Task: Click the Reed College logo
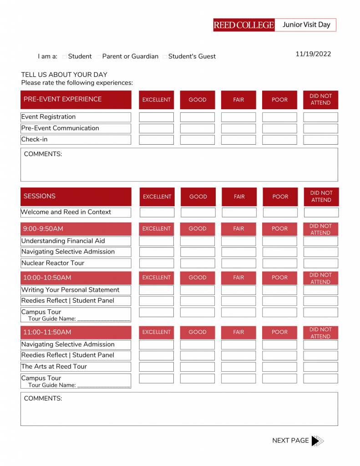click(x=244, y=25)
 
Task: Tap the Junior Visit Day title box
click(x=306, y=25)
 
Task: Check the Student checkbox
click(x=65, y=57)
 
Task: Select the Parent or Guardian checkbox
click(x=99, y=57)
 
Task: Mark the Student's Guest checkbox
click(x=165, y=57)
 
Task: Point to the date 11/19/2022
click(x=313, y=54)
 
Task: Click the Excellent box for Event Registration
click(x=156, y=117)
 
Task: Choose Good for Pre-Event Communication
click(x=197, y=128)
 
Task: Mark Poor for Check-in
click(x=279, y=140)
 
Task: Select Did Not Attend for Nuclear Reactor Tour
click(x=320, y=263)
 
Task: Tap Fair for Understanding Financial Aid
click(x=238, y=241)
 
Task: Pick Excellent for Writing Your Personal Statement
click(x=156, y=290)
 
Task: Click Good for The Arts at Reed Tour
click(x=197, y=367)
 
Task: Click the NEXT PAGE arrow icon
click(x=317, y=441)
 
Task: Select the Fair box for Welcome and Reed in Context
click(x=239, y=213)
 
